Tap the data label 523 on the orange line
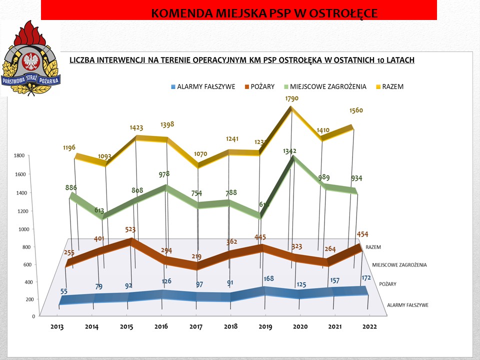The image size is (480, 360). coord(132,230)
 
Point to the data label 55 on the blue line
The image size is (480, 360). coord(63,291)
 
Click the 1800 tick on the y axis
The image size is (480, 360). coord(19,156)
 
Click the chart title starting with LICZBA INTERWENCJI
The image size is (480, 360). coord(241,60)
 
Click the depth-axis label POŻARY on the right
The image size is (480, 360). coord(387,284)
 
